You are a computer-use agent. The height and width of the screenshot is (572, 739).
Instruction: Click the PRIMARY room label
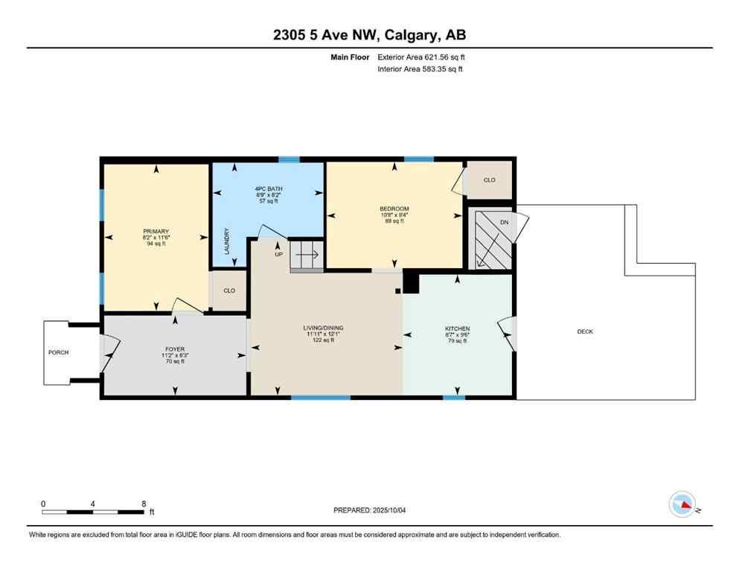[156, 232]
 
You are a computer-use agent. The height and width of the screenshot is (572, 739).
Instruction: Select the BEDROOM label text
[394, 209]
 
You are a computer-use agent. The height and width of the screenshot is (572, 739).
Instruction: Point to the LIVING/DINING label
[322, 328]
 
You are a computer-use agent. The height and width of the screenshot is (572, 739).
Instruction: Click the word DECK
[585, 331]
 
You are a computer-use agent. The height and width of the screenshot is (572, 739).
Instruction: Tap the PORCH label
[59, 352]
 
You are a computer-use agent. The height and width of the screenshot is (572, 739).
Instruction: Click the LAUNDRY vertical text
[227, 242]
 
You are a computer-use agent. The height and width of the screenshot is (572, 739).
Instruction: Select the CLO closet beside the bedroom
[489, 180]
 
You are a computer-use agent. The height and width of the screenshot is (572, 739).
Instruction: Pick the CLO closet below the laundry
[229, 290]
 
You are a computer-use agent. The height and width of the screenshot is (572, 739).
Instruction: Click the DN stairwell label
[505, 222]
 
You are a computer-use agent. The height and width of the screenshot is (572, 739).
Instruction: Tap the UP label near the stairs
[278, 253]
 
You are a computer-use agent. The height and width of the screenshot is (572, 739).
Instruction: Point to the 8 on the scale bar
[144, 503]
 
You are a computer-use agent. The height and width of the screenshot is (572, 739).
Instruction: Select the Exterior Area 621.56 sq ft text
[423, 57]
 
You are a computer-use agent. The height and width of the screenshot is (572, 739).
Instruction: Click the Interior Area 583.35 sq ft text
[420, 69]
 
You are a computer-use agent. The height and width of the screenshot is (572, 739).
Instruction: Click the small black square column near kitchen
[398, 290]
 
